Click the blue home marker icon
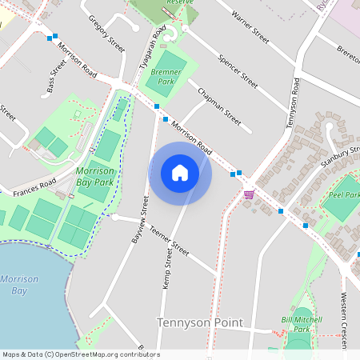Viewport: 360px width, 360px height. pos(180,173)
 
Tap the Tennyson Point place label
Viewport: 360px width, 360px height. pos(197,322)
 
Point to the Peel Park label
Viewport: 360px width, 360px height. pos(345,194)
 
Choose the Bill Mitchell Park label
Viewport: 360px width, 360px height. pos(298,324)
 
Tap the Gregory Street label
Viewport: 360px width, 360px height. pos(106,34)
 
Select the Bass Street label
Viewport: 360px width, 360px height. pos(55,80)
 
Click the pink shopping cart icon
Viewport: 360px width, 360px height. pos(249,194)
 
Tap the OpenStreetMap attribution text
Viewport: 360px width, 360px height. pos(80,354)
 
